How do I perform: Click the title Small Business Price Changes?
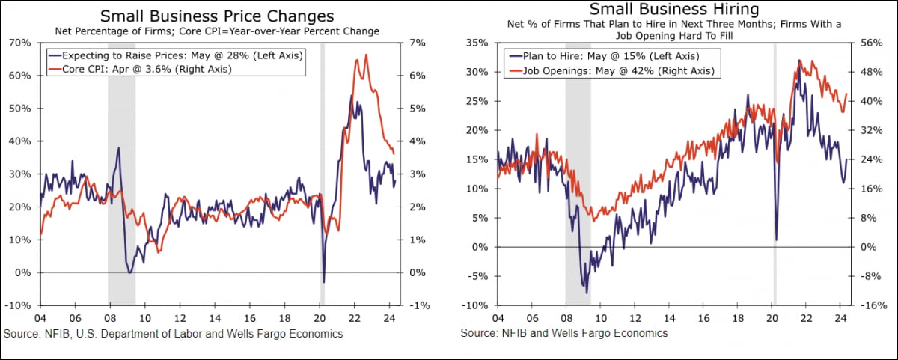(217, 16)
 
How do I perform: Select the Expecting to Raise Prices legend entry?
(176, 55)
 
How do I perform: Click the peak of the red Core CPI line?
(366, 55)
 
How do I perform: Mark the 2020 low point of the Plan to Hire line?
(776, 240)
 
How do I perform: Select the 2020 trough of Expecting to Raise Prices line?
(323, 282)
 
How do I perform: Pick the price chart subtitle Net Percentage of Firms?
(217, 31)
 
